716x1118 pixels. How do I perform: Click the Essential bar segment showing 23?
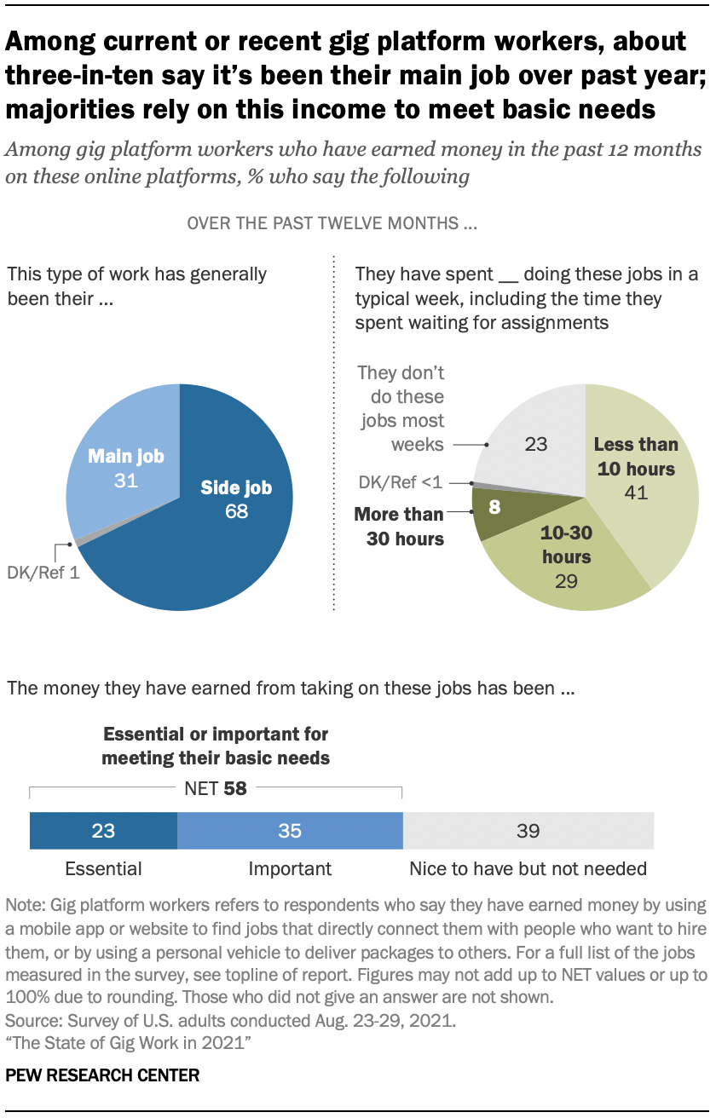103,830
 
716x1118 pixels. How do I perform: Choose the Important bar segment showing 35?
290,830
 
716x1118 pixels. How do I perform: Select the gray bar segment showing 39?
528,830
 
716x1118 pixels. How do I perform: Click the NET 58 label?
216,788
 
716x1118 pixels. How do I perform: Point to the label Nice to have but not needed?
528,869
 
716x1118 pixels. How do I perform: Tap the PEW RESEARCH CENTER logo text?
102,1075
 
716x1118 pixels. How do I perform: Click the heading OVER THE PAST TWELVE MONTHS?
331,225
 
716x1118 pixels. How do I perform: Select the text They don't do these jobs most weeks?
401,408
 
